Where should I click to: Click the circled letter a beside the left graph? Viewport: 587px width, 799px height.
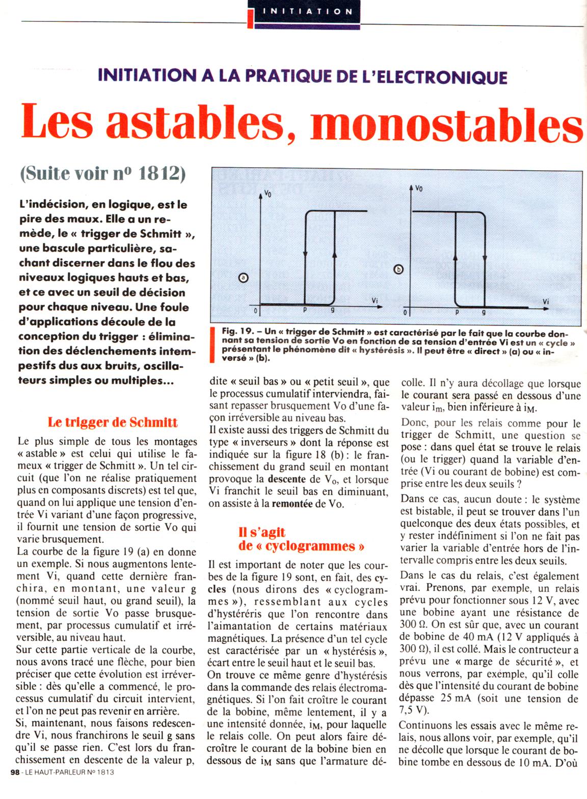(243, 278)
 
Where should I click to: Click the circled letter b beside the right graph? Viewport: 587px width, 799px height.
(399, 269)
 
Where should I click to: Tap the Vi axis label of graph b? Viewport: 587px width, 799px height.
(546, 301)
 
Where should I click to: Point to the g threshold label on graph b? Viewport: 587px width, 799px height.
(484, 311)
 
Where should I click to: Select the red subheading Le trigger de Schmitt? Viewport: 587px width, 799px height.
(113, 422)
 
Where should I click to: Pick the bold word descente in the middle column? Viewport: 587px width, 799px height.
(287, 479)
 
